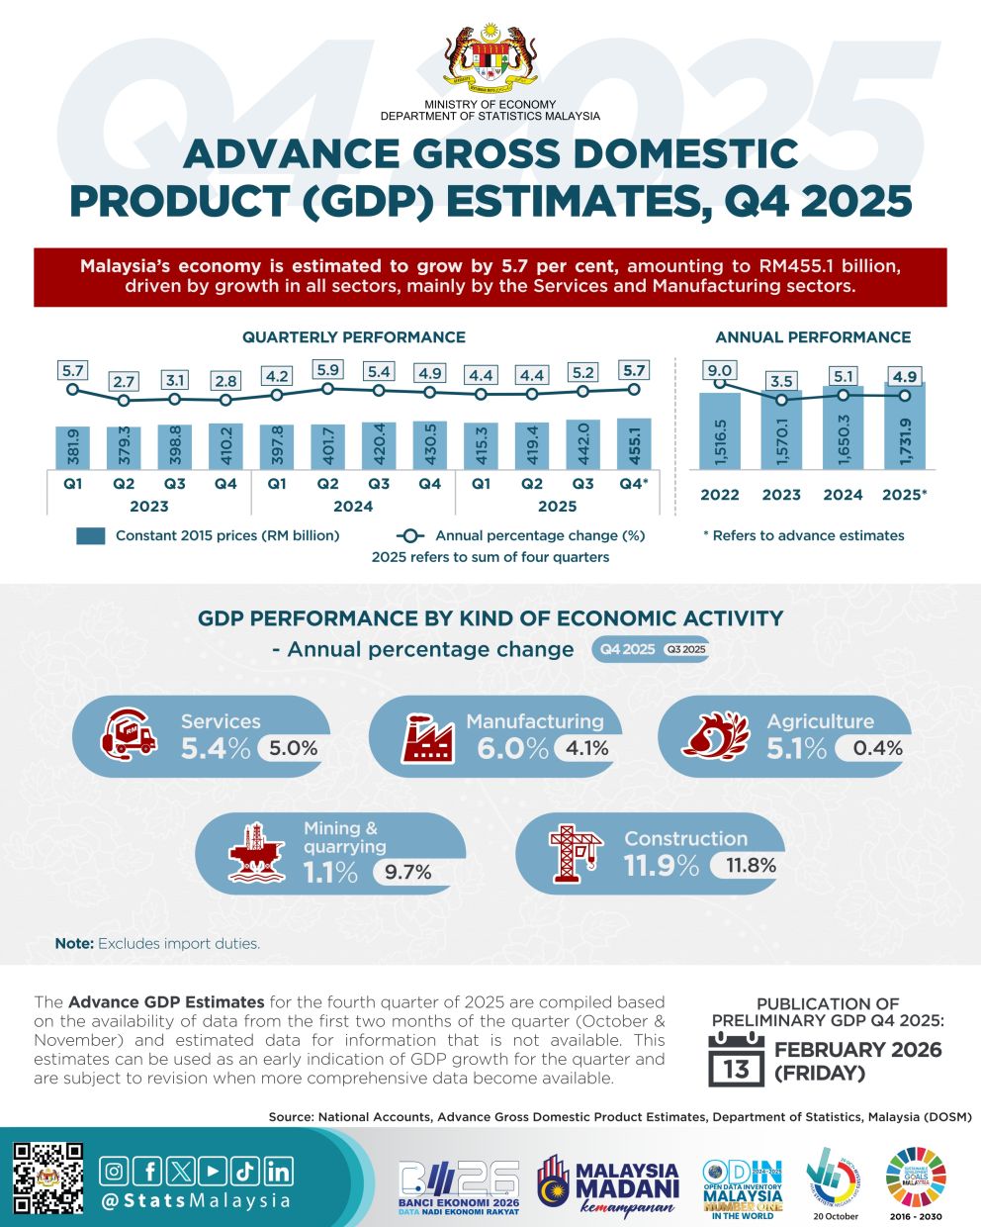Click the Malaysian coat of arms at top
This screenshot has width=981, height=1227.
click(490, 54)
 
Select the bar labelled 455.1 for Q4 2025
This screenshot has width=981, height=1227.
click(634, 444)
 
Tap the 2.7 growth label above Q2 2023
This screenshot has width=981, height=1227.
click(124, 381)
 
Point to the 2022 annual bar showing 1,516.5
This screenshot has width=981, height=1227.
click(720, 431)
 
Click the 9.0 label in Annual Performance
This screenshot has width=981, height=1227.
click(720, 371)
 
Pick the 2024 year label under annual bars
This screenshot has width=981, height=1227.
click(843, 495)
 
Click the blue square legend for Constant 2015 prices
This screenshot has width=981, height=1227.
click(90, 536)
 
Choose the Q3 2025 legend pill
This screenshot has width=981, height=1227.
click(685, 650)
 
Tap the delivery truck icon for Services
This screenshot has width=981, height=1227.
click(129, 736)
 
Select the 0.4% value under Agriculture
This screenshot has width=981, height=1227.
click(877, 748)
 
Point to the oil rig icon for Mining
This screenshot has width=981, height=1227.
click(257, 850)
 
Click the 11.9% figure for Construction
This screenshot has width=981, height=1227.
click(661, 865)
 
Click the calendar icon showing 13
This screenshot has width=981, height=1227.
click(736, 1060)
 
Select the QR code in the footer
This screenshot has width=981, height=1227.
click(47, 1178)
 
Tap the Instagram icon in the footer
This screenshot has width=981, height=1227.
click(116, 1172)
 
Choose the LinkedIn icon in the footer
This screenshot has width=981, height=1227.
click(279, 1172)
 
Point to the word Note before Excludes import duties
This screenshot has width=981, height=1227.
click(74, 944)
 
